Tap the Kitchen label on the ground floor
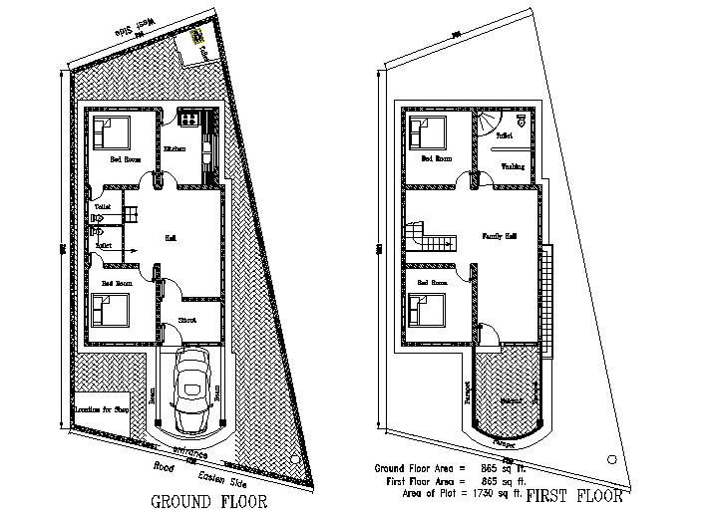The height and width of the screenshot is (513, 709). pos(175,149)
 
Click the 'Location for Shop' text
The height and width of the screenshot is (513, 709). pos(102,407)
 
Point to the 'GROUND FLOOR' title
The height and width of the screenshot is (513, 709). pos(208,501)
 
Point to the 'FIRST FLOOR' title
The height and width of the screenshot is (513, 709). pos(574,495)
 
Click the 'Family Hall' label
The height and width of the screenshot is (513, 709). pos(500,237)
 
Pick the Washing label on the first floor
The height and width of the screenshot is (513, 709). pos(513,166)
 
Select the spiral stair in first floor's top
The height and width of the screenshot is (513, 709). pos(486,125)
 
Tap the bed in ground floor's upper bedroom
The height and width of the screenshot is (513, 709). pos(111,130)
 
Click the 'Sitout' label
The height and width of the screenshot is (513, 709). pos(186,320)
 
